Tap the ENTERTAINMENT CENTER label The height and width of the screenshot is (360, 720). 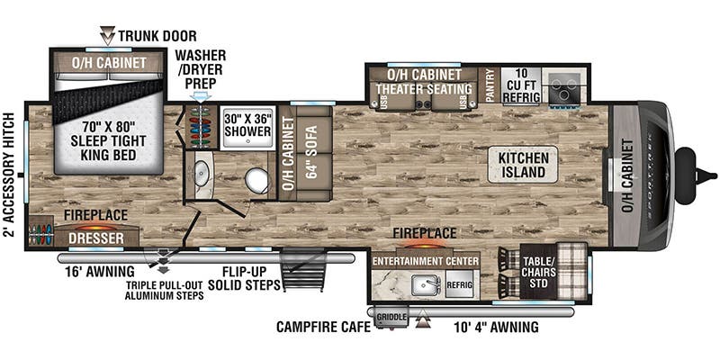coord(425,261)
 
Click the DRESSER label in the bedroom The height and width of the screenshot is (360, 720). coord(94,240)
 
